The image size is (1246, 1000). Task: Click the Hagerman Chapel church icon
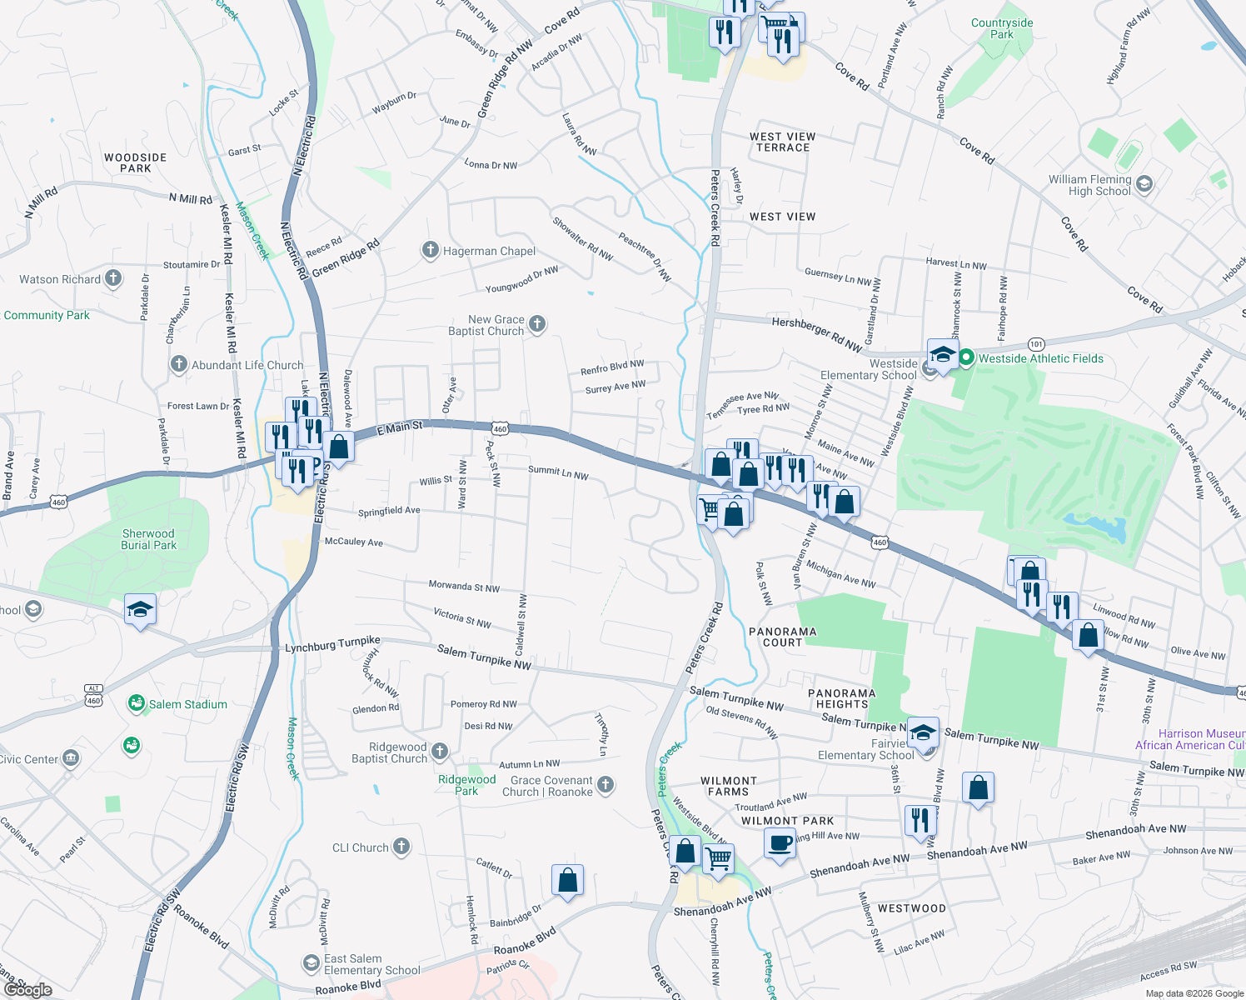click(x=430, y=250)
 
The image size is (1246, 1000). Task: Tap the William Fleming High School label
click(x=1089, y=185)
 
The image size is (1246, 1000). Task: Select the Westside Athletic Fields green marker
click(x=966, y=358)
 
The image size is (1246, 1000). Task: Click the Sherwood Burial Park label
click(x=148, y=539)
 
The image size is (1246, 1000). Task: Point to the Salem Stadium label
click(x=187, y=704)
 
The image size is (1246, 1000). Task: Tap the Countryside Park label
click(x=1002, y=28)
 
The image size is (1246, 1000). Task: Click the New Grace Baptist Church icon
click(x=537, y=324)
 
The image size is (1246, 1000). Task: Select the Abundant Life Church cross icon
click(x=179, y=364)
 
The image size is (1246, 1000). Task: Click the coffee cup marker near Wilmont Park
click(x=780, y=843)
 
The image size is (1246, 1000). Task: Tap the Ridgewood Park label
click(x=466, y=785)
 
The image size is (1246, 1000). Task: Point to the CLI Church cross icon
click(x=401, y=847)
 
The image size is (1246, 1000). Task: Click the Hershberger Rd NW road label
click(x=816, y=332)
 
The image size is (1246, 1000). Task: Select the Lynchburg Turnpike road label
click(x=332, y=645)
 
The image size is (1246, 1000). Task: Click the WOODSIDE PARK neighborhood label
click(x=135, y=162)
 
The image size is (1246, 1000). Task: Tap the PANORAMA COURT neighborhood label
click(x=782, y=637)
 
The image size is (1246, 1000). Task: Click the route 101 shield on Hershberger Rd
click(x=1035, y=344)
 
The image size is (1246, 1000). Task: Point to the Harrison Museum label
click(x=1201, y=734)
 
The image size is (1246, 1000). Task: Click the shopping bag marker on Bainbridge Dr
click(x=567, y=880)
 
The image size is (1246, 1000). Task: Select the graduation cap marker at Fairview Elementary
click(x=922, y=733)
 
